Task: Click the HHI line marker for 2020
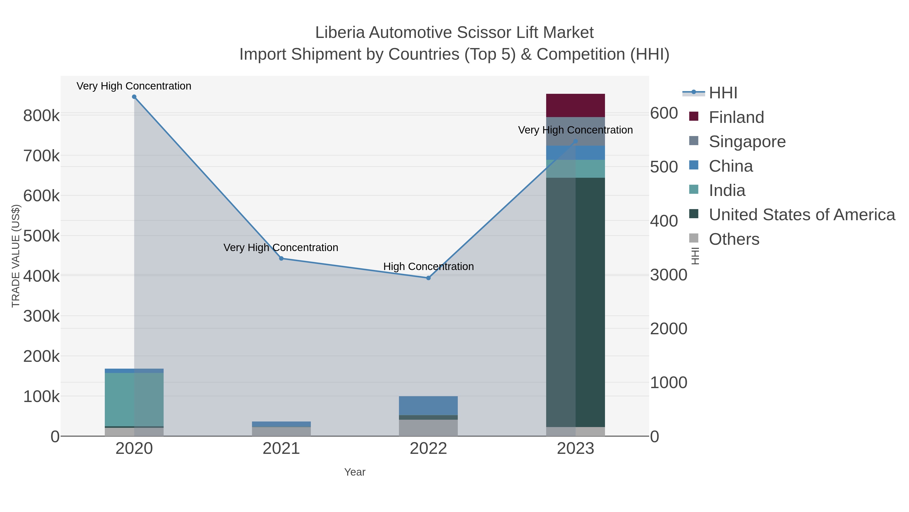134,97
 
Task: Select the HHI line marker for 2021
281,259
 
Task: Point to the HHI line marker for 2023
575,141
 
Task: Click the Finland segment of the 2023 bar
575,105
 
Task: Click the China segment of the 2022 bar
428,406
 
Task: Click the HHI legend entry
723,93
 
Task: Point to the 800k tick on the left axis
41,116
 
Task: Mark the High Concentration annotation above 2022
428,266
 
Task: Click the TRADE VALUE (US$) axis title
16,256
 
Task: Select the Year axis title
355,472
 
